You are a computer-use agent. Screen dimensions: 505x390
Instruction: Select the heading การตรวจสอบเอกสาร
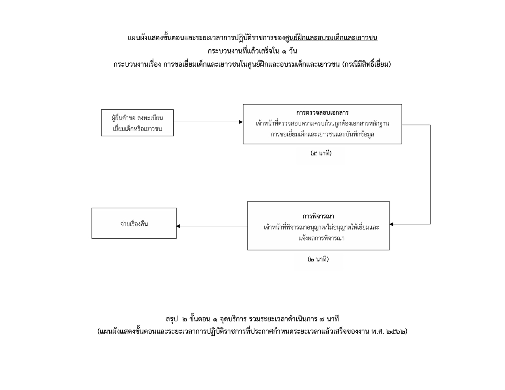click(322, 113)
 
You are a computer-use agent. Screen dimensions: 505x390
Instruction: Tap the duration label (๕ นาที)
click(321, 153)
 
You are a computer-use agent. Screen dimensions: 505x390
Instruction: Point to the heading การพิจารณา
click(318, 216)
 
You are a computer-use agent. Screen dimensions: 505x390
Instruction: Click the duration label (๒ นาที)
click(318, 259)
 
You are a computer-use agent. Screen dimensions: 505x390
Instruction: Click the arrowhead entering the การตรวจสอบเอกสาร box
click(241, 122)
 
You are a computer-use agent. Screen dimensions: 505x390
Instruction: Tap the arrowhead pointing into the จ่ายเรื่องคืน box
click(178, 226)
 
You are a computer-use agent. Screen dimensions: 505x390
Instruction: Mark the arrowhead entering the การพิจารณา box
click(391, 224)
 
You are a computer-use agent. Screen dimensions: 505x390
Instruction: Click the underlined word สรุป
click(172, 319)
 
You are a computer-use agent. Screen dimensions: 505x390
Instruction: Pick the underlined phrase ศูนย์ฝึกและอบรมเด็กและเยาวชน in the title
click(331, 38)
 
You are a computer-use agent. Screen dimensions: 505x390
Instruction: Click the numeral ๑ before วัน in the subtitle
click(284, 51)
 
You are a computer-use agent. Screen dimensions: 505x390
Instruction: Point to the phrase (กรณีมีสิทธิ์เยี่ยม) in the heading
click(367, 64)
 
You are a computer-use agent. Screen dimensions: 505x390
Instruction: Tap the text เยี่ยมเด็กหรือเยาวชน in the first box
click(137, 129)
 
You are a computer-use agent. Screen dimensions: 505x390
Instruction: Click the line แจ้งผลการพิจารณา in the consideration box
click(322, 238)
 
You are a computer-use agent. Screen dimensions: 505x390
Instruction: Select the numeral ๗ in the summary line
click(322, 319)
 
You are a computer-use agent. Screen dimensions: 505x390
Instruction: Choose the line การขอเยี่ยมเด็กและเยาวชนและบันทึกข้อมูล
click(322, 134)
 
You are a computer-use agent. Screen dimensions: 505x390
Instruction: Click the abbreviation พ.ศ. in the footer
click(378, 332)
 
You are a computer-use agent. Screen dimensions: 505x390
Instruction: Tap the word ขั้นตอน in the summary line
click(200, 319)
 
